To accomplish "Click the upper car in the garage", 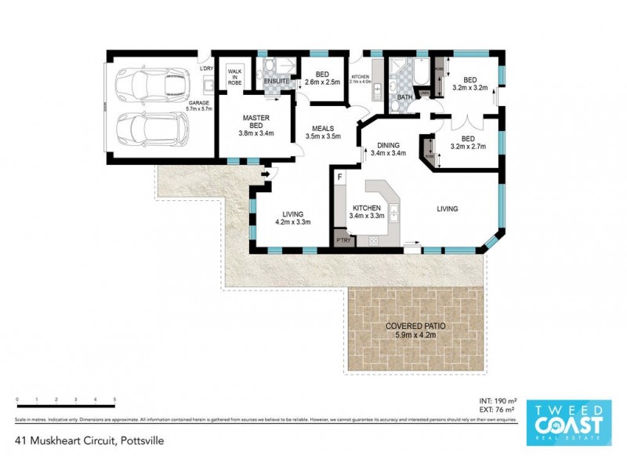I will click(150, 82).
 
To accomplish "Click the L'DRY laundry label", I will click(206, 69).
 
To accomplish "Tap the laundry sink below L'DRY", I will click(208, 81).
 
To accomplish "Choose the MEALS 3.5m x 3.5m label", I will click(324, 132).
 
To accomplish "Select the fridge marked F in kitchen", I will click(339, 178).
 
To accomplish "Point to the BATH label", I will click(404, 97).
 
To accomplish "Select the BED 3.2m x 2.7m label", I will click(468, 142).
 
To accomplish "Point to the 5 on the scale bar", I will click(114, 400).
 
